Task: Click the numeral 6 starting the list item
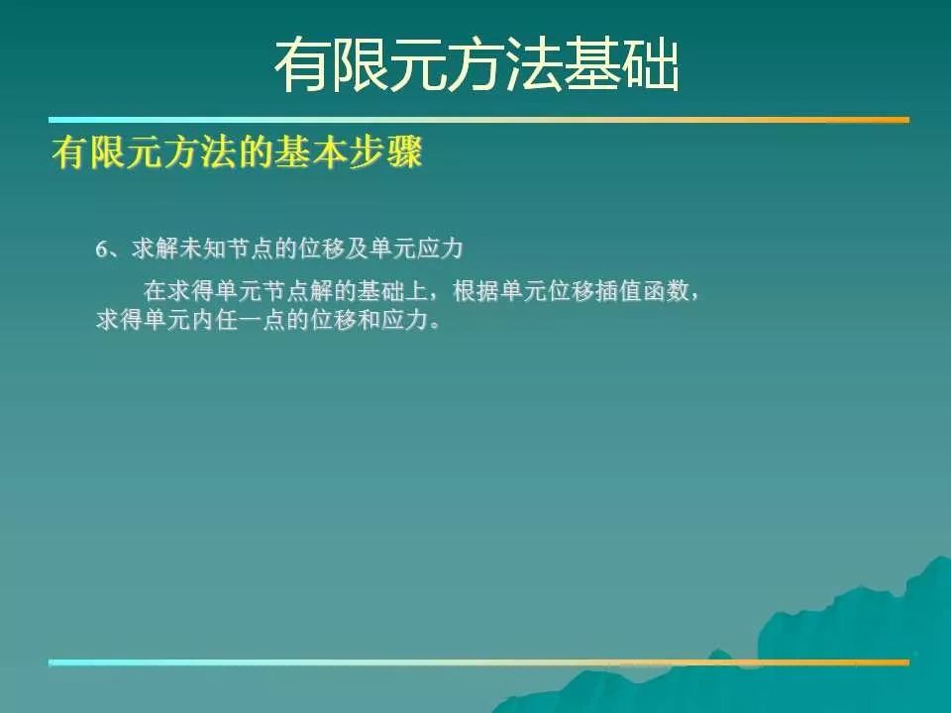click(101, 250)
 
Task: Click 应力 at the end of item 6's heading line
click(440, 250)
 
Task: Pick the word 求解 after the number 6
click(156, 250)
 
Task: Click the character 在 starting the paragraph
click(156, 291)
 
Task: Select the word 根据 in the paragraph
click(476, 291)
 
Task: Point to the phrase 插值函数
click(643, 291)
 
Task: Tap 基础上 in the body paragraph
click(392, 291)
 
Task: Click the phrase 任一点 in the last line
click(251, 320)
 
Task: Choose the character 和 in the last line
click(369, 320)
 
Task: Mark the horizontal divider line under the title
click(479, 120)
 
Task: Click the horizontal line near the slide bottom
click(479, 662)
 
